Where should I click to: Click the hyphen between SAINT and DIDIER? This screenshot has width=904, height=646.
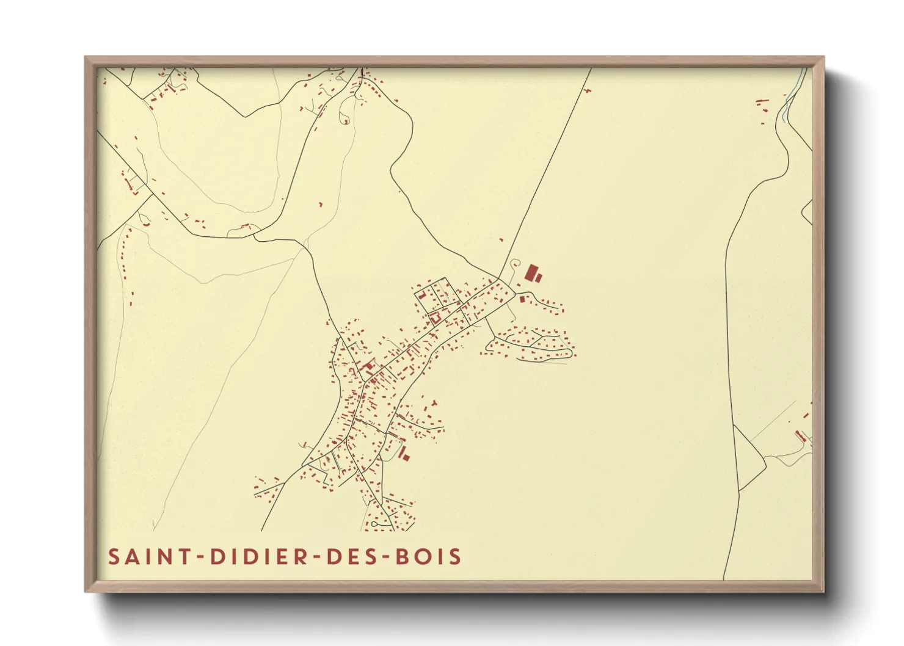point(199,557)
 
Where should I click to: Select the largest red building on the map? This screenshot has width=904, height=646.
point(531,272)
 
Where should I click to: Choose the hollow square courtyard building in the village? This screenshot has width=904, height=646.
point(436,318)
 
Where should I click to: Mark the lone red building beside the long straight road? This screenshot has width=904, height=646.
point(501,240)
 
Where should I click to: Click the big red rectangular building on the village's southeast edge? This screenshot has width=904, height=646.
point(403,453)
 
